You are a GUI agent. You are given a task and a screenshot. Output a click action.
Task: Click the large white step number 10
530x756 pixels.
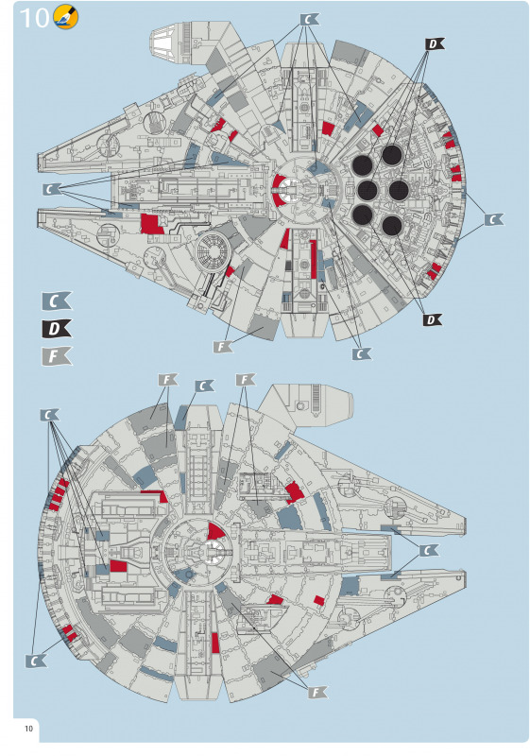coord(34,18)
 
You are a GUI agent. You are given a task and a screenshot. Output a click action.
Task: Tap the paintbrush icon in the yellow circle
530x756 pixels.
coord(65,16)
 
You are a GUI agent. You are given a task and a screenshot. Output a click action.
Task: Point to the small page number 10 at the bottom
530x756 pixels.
coord(29,728)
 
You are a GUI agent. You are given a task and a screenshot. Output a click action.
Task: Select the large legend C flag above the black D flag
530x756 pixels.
coord(57,301)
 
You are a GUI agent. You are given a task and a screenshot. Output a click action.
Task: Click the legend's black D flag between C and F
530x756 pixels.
coord(57,329)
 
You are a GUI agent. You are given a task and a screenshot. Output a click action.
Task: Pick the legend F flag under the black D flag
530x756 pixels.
coord(57,356)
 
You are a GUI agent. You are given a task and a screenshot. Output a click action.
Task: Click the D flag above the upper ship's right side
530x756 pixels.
coord(435,44)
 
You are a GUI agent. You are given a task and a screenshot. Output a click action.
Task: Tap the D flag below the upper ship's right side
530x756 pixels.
coord(432,319)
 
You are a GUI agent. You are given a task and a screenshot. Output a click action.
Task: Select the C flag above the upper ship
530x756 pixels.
coord(309,20)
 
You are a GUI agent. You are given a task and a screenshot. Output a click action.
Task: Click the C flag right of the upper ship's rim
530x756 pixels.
coord(493,220)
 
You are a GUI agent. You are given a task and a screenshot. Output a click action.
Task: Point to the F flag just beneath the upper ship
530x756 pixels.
coord(223,346)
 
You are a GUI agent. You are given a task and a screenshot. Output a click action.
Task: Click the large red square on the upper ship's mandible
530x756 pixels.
coord(152,224)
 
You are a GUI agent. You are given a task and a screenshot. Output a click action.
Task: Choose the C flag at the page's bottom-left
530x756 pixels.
coord(36,661)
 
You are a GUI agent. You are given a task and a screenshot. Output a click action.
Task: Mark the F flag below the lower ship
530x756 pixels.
coord(317,693)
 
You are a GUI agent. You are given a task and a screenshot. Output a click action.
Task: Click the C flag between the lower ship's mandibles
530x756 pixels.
coord(428,551)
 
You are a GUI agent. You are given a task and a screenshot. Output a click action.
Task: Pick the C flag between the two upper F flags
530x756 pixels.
coord(204,387)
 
